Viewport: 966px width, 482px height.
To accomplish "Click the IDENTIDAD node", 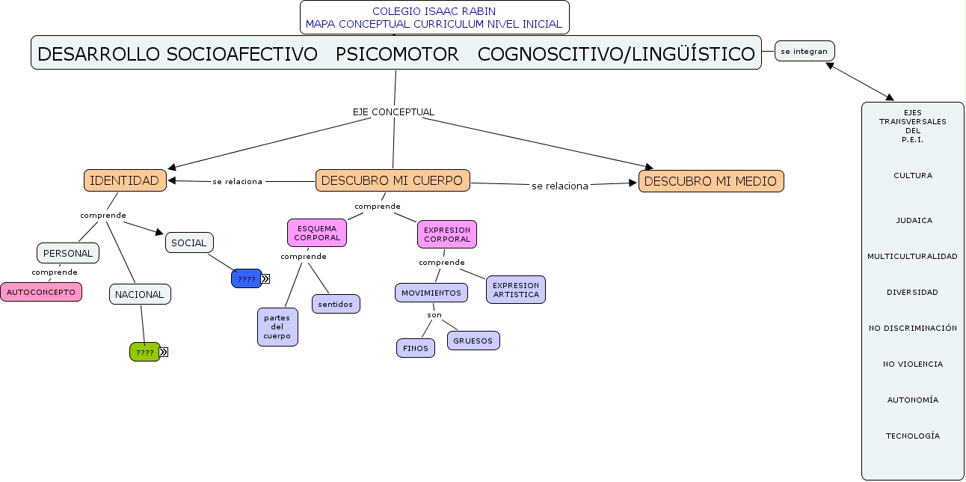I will pyautogui.click(x=124, y=180).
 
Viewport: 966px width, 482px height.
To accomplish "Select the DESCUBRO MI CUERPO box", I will pyautogui.click(x=393, y=180).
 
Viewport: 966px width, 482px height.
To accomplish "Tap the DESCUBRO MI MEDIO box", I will pyautogui.click(x=711, y=181).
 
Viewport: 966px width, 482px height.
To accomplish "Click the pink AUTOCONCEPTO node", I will pyautogui.click(x=41, y=292).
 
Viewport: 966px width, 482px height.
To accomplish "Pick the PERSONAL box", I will pyautogui.click(x=68, y=253).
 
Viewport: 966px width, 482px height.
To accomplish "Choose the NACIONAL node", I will pyautogui.click(x=140, y=294).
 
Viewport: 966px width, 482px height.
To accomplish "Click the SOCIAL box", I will pyautogui.click(x=189, y=242).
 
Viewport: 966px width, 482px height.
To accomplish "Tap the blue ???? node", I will pyautogui.click(x=246, y=278).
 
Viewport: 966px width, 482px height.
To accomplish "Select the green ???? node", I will pyautogui.click(x=144, y=352).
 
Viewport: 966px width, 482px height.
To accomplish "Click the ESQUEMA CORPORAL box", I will pyautogui.click(x=317, y=233).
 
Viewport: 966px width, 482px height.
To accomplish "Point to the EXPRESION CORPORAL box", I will pyautogui.click(x=447, y=234).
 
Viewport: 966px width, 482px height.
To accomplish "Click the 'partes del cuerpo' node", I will pyautogui.click(x=277, y=327).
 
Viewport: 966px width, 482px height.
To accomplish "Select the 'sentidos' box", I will pyautogui.click(x=336, y=304).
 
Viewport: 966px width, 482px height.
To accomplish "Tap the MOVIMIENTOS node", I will pyautogui.click(x=431, y=293).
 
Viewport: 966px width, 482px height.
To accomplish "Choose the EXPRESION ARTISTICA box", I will pyautogui.click(x=516, y=290).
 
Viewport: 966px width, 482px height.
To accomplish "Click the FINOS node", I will pyautogui.click(x=416, y=348).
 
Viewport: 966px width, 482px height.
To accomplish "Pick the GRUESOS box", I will pyautogui.click(x=473, y=341).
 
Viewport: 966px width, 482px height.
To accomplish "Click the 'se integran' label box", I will pyautogui.click(x=805, y=51).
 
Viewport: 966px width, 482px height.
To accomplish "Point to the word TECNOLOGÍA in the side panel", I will pyautogui.click(x=913, y=436).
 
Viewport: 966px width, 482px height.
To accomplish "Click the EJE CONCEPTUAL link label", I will pyautogui.click(x=393, y=112).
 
